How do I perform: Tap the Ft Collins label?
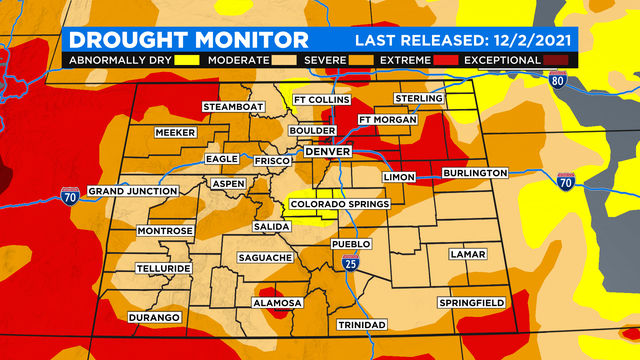[x=319, y=101]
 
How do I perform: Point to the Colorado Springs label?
[x=333, y=206]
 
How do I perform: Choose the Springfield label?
[x=470, y=302]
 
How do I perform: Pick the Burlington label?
[x=471, y=173]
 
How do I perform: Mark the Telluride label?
[x=164, y=269]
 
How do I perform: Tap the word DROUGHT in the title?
[x=126, y=40]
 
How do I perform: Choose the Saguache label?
[x=265, y=258]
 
